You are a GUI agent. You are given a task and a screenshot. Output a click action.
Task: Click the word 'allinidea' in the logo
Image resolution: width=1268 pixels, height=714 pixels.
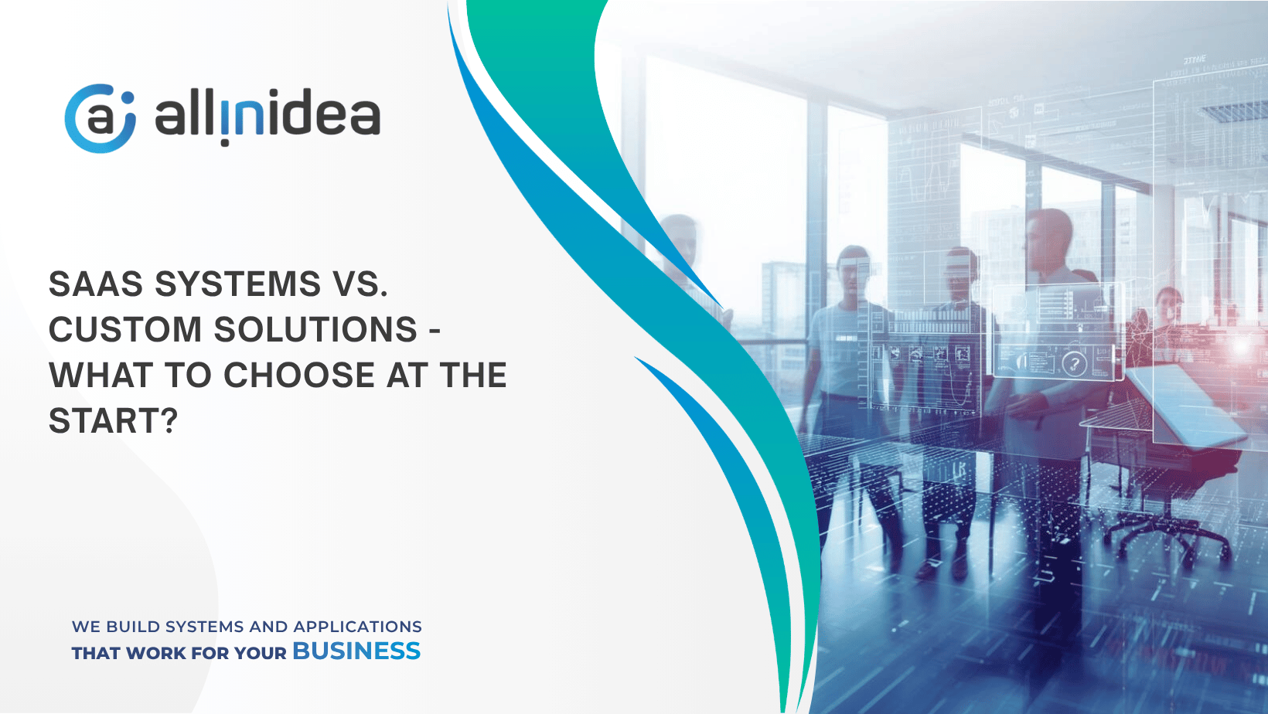(x=268, y=116)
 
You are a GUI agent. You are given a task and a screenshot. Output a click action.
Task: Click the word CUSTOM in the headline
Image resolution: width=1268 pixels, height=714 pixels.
(x=125, y=329)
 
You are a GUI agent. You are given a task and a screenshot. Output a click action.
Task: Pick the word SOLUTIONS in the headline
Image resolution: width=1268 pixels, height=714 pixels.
(x=315, y=329)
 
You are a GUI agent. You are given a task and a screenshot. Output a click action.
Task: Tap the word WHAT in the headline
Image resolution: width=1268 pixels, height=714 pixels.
(x=101, y=375)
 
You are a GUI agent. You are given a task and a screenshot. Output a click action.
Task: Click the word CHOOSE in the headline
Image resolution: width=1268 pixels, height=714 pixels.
(x=299, y=375)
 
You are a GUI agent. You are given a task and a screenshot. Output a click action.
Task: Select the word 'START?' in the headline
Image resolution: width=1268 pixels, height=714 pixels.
(x=113, y=421)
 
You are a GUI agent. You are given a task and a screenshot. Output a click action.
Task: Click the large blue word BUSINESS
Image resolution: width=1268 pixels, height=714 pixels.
(x=356, y=651)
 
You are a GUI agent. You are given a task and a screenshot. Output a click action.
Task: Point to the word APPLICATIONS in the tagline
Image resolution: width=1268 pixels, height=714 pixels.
(x=357, y=627)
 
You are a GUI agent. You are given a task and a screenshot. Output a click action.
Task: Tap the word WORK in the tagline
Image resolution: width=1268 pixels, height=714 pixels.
(x=155, y=654)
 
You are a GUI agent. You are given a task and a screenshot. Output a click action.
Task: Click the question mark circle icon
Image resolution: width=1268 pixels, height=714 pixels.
(x=1074, y=363)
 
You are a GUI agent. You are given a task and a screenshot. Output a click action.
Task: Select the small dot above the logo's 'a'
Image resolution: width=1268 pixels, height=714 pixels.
(x=128, y=97)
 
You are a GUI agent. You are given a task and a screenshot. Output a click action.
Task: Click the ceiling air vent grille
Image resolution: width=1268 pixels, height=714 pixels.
(x=1234, y=110)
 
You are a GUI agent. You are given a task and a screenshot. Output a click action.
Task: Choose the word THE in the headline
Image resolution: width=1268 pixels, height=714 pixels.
(x=474, y=375)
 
